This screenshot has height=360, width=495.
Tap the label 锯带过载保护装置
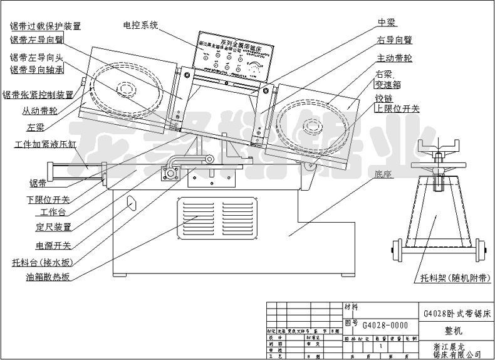pos(44,26)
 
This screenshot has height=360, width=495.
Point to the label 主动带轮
pos(394,58)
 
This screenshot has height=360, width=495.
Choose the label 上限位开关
pos(397,109)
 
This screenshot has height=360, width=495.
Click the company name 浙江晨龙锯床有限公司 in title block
pos(457,350)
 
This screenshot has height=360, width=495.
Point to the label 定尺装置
pos(53,227)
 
